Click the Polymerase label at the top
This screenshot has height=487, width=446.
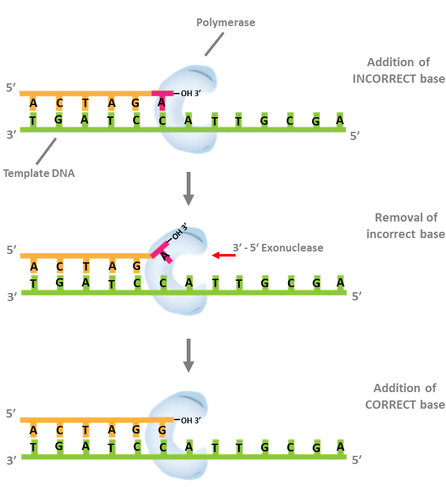(x=226, y=22)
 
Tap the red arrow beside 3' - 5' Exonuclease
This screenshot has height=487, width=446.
(x=224, y=255)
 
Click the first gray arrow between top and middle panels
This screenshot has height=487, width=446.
(x=189, y=188)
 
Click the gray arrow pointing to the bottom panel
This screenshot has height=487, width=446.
(x=189, y=355)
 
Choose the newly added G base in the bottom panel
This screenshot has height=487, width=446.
(x=162, y=430)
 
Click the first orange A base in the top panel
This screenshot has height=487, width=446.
(x=33, y=103)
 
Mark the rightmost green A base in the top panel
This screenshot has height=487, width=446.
(x=340, y=119)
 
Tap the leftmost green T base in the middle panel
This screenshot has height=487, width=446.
(x=33, y=282)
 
